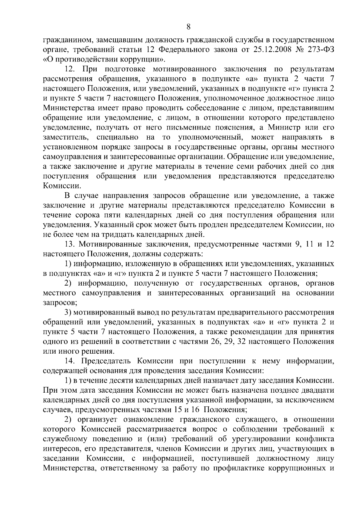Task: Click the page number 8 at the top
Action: [188, 27]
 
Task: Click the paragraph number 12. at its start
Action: [70, 69]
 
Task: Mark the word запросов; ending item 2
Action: [58, 303]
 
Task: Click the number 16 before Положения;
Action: [190, 410]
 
